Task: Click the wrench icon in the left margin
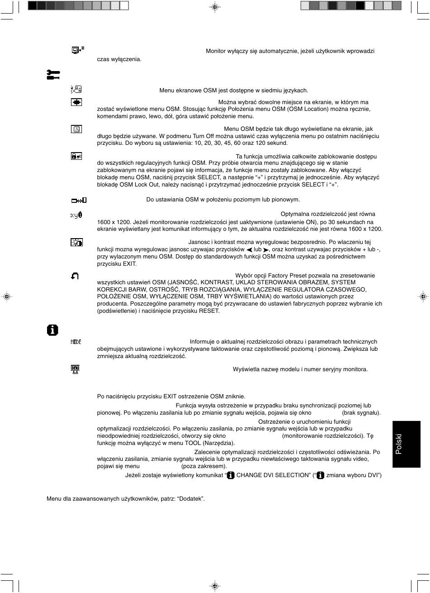point(53,75)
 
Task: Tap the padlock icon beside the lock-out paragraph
point(76,156)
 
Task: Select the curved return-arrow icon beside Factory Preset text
point(75,276)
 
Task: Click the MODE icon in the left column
point(76,342)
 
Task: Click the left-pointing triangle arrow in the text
point(249,250)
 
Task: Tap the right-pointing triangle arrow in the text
point(266,250)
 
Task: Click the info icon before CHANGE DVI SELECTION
point(230,475)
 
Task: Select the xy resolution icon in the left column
point(76,215)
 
